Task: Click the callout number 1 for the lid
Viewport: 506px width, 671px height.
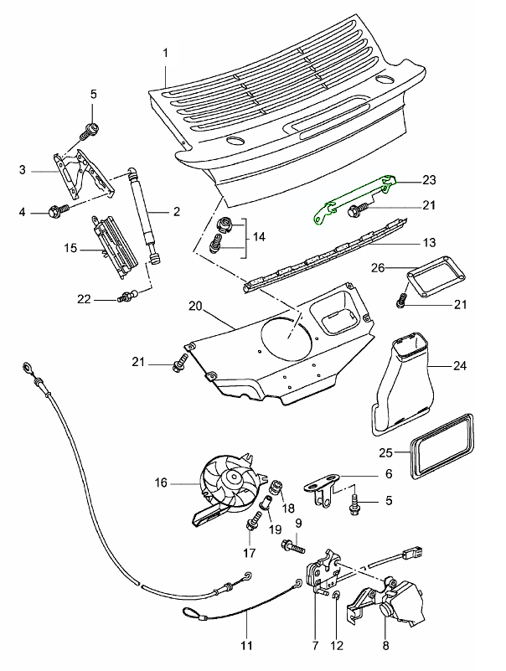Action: pyautogui.click(x=166, y=53)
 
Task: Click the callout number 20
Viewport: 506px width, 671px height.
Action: pyautogui.click(x=194, y=307)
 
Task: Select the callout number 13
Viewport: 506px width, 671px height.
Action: pyautogui.click(x=429, y=243)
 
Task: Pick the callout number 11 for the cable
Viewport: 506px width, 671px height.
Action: pyautogui.click(x=247, y=646)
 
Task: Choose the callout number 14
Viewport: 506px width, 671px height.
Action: pyautogui.click(x=259, y=237)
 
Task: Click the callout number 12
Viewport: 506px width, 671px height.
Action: pyautogui.click(x=337, y=646)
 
